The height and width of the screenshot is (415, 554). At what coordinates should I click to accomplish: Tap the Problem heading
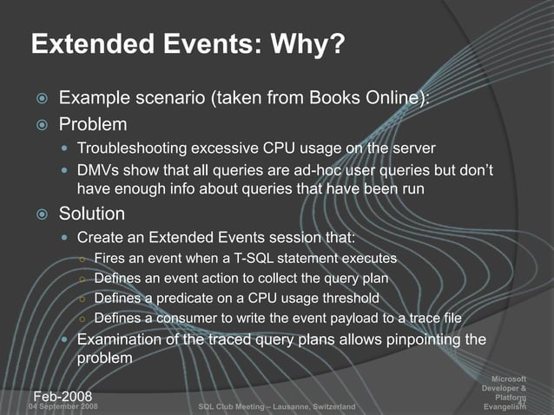click(93, 124)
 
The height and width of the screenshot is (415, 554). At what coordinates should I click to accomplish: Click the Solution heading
click(92, 214)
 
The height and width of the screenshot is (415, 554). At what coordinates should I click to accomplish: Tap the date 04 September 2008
click(63, 406)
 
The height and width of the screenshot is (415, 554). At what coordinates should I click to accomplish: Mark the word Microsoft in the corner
click(509, 378)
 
